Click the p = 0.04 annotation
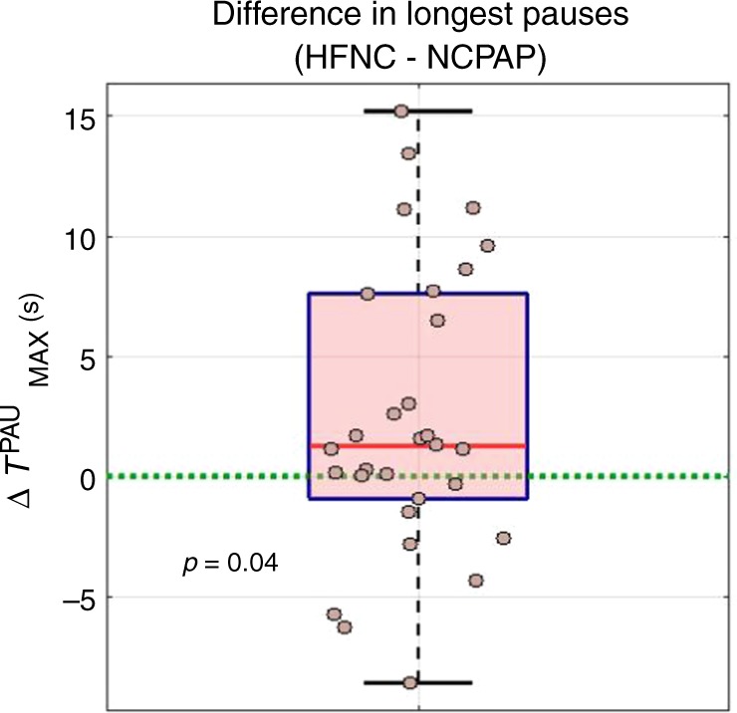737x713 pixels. tap(231, 563)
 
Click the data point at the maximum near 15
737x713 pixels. tap(401, 111)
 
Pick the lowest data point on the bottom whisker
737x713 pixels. tap(409, 682)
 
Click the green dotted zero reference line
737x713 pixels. tap(617, 477)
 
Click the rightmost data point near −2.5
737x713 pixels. tap(504, 538)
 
